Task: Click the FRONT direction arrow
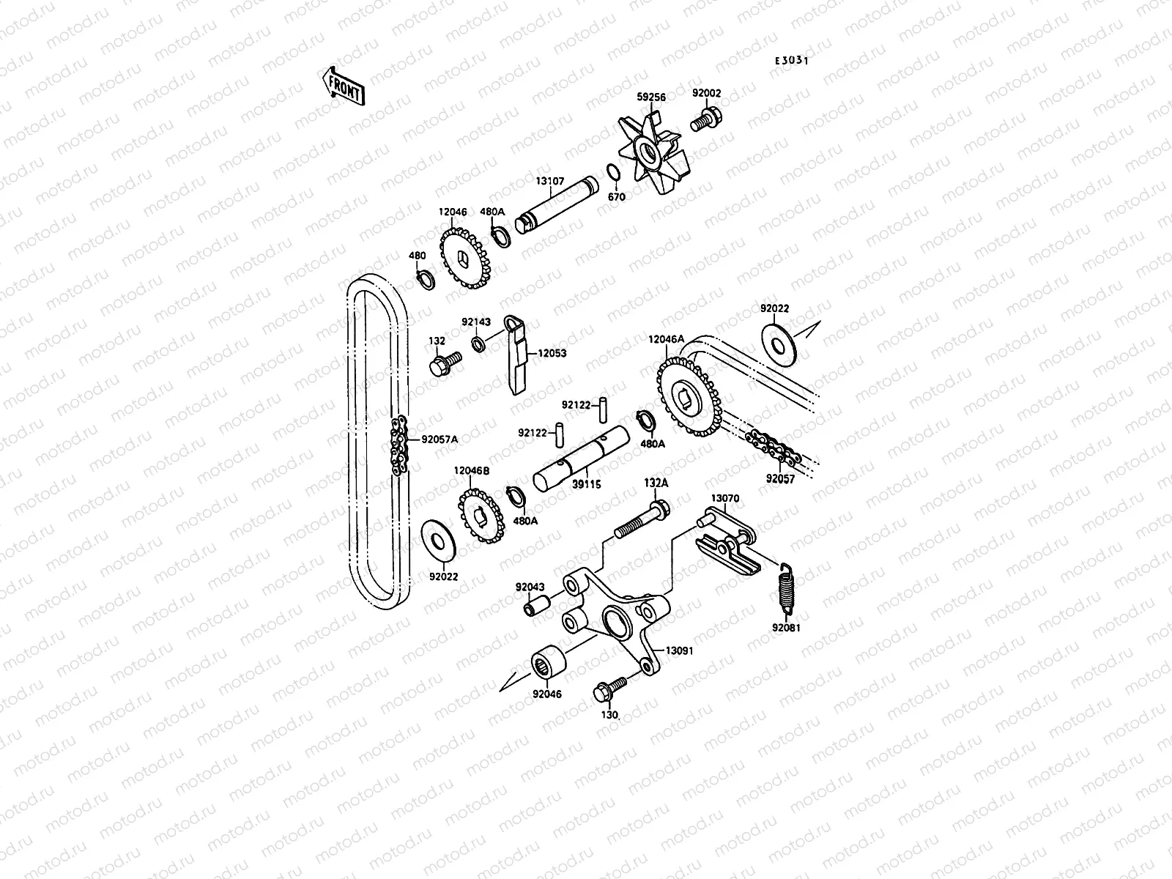pos(342,86)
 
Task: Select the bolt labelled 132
pos(444,363)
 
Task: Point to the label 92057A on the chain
pos(439,439)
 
